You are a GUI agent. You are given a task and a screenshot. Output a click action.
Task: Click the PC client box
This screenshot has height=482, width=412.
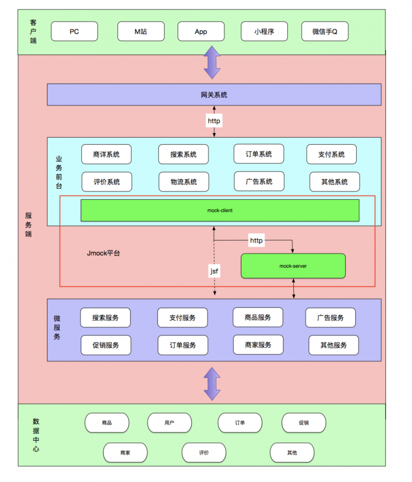click(74, 32)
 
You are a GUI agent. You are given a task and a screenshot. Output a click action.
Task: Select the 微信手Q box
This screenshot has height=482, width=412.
click(325, 32)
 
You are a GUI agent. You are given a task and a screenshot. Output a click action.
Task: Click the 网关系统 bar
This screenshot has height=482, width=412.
click(214, 95)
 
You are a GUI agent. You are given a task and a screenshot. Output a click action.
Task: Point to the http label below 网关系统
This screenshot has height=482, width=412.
click(214, 121)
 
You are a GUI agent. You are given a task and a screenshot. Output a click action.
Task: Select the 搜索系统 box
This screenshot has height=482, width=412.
click(183, 154)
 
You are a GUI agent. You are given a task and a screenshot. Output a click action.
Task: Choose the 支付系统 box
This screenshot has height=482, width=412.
click(331, 154)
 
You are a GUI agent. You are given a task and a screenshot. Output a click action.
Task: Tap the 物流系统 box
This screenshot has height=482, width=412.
click(183, 182)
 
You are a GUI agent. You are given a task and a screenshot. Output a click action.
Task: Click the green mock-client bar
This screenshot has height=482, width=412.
click(220, 211)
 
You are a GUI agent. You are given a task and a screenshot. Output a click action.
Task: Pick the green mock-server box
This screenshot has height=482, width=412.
click(293, 266)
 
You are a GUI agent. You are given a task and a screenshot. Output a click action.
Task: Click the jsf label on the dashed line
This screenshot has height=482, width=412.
click(214, 271)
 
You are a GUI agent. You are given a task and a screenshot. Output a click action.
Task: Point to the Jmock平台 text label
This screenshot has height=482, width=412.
click(103, 253)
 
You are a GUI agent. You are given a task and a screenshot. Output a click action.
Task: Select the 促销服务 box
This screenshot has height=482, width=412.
click(105, 345)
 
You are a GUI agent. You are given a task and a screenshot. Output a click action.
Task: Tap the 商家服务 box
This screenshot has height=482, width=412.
click(258, 345)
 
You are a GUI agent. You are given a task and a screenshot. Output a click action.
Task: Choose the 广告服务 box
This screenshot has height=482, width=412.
click(330, 318)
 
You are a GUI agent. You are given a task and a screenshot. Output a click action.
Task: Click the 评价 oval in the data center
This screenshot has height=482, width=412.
click(204, 452)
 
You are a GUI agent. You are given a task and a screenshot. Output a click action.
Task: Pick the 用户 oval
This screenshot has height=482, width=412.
click(169, 423)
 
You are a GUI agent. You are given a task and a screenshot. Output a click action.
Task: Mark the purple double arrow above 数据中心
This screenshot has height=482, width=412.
click(212, 384)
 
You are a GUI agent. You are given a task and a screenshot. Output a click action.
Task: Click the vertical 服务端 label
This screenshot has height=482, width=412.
click(28, 225)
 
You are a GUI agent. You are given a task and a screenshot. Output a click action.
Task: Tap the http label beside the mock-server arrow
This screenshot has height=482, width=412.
click(256, 240)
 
